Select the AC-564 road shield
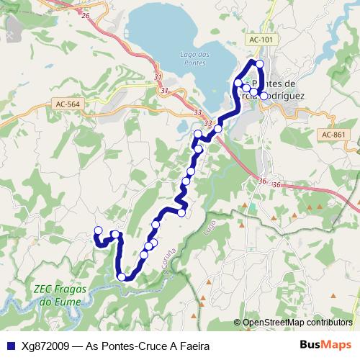68,104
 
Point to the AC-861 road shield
335,135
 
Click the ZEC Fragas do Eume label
56,296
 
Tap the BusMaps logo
326,345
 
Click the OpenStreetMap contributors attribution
297,323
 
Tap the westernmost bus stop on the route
98,230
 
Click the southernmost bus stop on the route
122,276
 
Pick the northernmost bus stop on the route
260,64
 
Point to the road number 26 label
85,14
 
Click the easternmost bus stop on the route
264,96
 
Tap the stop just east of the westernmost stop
114,235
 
